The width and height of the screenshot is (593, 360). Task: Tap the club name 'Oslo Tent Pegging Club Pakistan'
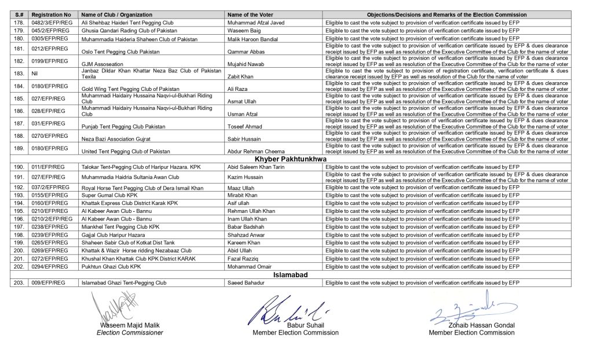click(119, 51)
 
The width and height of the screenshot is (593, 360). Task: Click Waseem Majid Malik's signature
click(116, 307)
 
